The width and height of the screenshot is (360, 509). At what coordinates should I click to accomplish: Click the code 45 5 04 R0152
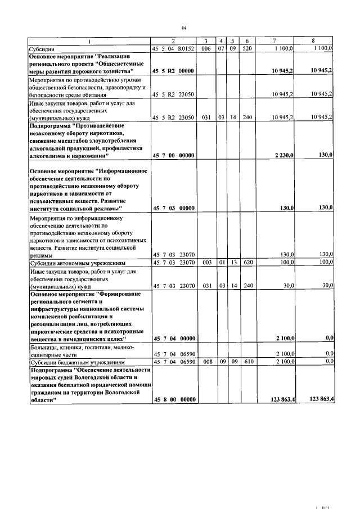(173, 49)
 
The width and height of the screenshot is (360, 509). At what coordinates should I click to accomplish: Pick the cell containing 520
(246, 49)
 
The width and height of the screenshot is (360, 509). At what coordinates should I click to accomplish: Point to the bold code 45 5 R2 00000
(173, 71)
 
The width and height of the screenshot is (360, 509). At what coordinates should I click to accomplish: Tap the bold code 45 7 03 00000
(173, 208)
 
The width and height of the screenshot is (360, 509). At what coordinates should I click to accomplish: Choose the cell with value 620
(246, 263)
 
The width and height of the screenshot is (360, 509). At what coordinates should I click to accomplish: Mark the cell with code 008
(206, 362)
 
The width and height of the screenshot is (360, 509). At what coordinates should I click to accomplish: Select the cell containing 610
(246, 362)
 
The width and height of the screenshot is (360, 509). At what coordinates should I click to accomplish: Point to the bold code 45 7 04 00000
(173, 338)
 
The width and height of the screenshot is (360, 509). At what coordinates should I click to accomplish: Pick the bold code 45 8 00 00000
(173, 399)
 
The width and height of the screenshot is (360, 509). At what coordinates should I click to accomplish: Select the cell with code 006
(206, 49)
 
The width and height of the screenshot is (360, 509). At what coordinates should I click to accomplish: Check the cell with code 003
(206, 263)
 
